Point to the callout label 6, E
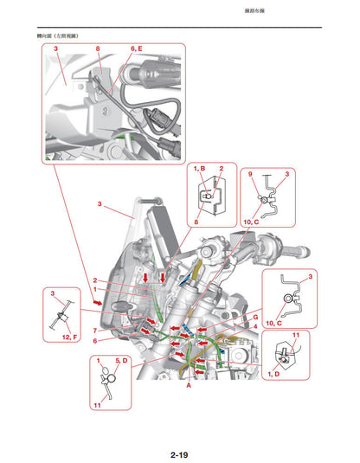[137, 50]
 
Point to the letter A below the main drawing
[188, 389]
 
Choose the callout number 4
[254, 327]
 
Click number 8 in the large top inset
[98, 50]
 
